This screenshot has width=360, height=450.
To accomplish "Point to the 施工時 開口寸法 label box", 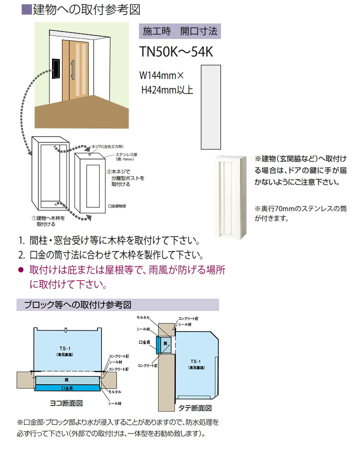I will pyautogui.click(x=179, y=31).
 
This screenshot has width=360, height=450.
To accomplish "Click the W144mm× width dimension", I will pyautogui.click(x=162, y=76).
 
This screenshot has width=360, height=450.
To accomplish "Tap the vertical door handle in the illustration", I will pyautogui.click(x=73, y=69).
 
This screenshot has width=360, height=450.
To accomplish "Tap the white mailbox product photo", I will pyautogui.click(x=229, y=198).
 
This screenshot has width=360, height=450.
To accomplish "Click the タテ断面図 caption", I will pyautogui.click(x=195, y=407).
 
